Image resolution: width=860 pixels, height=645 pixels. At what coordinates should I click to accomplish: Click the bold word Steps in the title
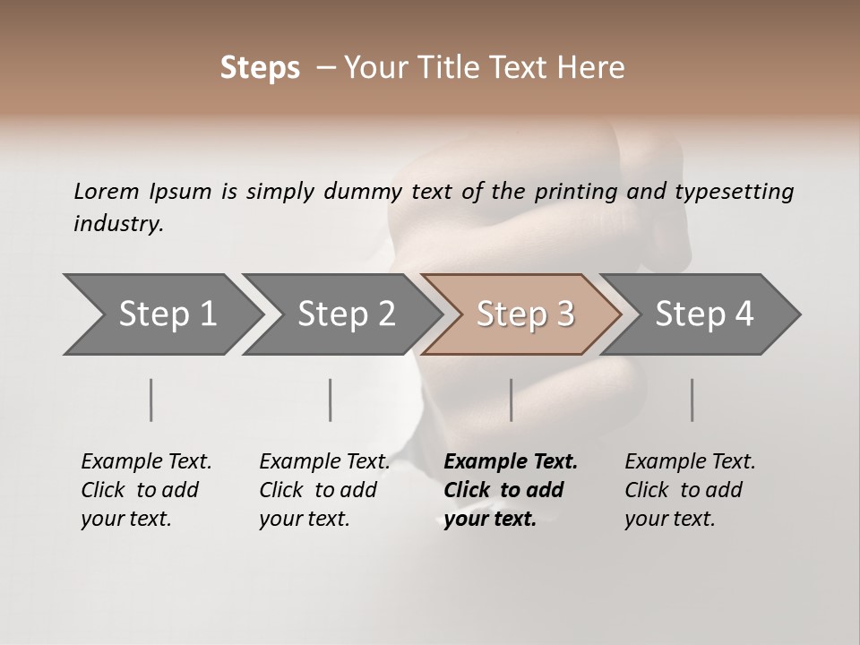260,68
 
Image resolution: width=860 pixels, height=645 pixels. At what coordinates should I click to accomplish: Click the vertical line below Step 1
151,400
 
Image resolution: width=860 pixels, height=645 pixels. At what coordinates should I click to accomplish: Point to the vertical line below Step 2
331,400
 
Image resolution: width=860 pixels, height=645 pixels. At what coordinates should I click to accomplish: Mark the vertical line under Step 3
512,400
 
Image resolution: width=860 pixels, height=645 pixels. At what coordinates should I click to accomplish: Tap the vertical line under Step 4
692,400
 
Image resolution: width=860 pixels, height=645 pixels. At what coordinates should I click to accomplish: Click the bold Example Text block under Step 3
511,490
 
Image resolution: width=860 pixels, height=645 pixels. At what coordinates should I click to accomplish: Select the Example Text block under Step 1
146,490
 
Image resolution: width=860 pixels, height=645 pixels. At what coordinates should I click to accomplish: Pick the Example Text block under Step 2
324,490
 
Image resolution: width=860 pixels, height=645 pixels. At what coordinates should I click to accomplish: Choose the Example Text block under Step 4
690,490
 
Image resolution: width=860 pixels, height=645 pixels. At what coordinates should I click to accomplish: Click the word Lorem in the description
107,191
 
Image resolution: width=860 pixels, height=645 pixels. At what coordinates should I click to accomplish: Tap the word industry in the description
117,224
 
